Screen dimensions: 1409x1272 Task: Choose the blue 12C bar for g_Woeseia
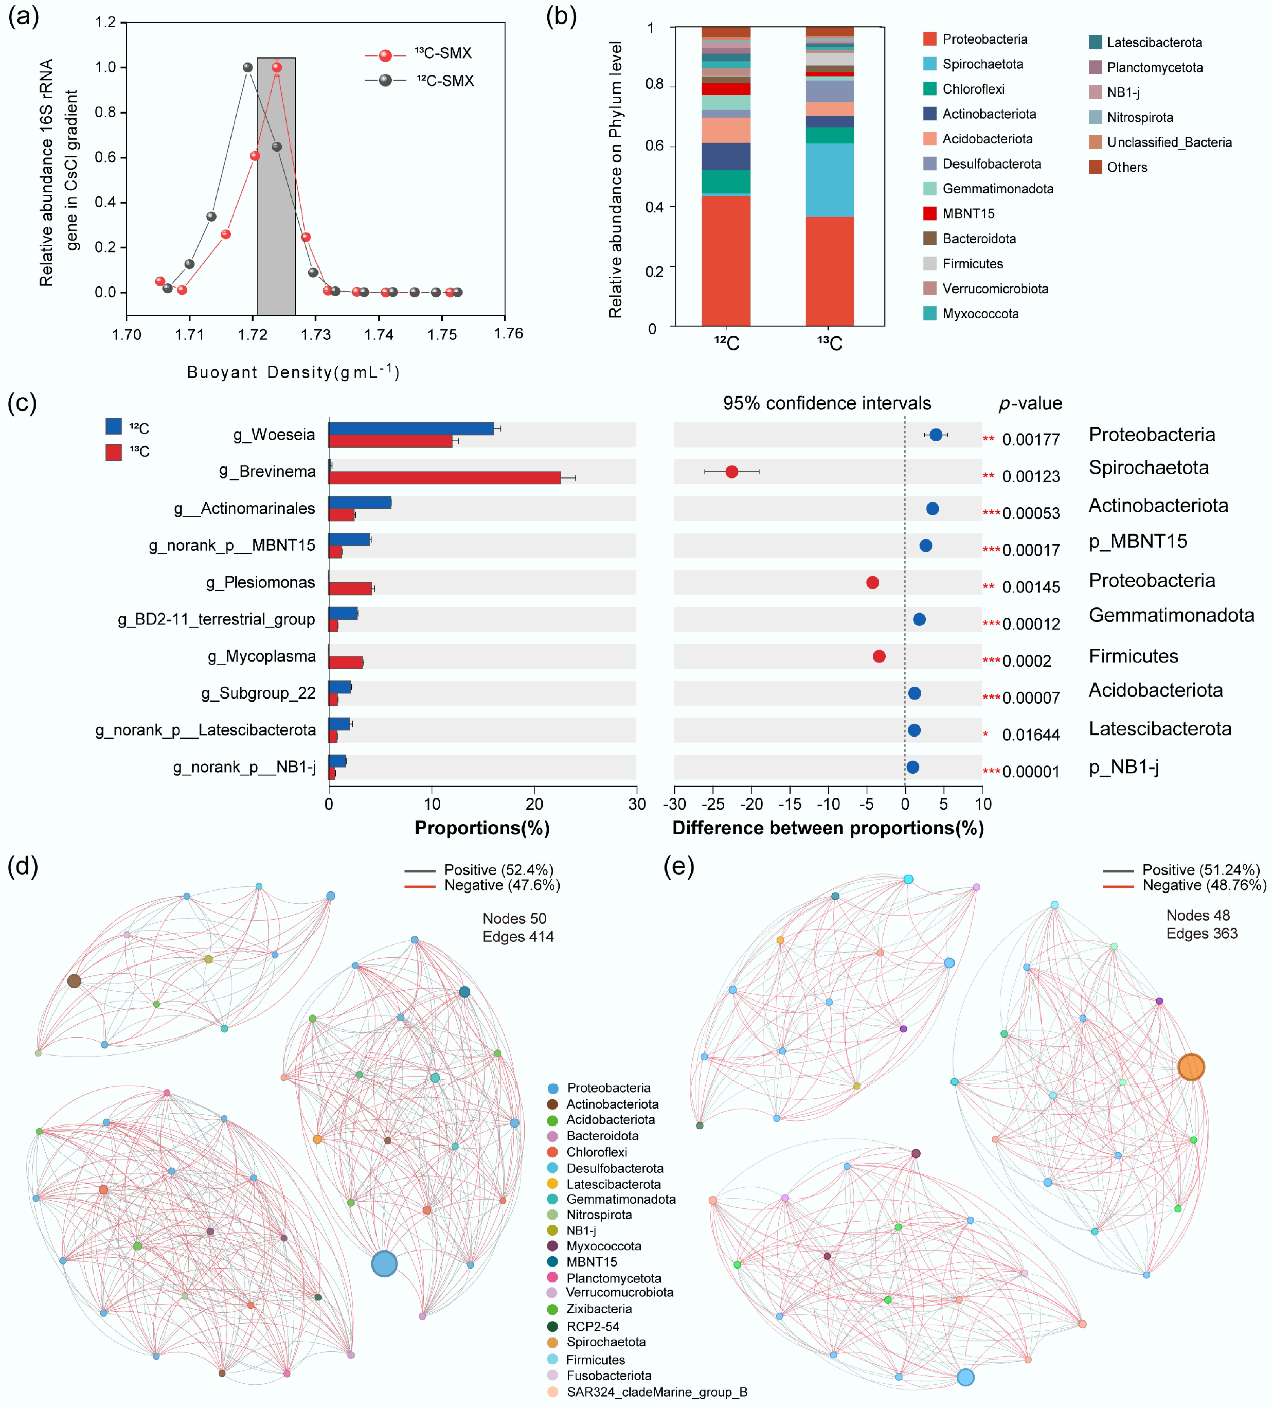411,428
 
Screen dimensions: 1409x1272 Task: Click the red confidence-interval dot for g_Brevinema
732,472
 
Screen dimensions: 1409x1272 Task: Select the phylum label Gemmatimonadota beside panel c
1171,615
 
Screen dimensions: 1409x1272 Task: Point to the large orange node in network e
1191,1067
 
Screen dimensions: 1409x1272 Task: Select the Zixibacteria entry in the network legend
599,1309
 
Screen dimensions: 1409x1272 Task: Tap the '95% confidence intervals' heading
827,403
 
